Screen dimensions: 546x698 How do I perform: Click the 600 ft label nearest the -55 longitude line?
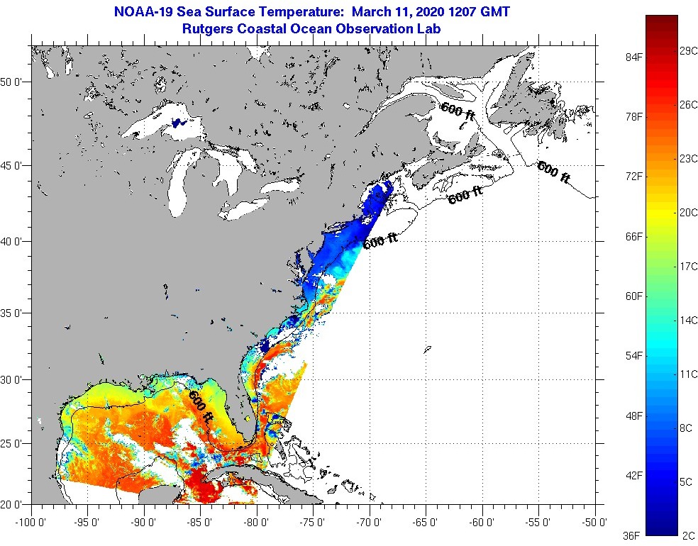click(x=553, y=172)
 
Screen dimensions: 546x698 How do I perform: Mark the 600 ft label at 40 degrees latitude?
click(x=380, y=241)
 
